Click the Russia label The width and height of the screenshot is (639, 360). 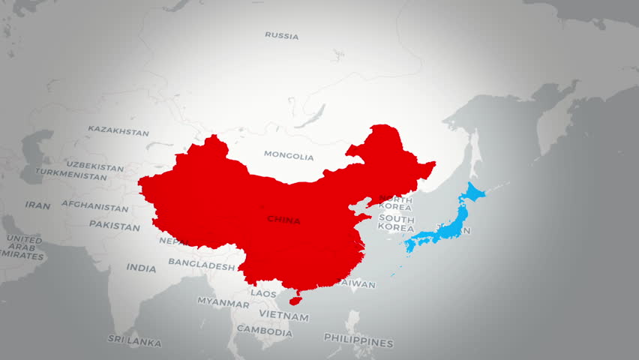pos(281,35)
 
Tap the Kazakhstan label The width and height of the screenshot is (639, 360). pos(118,130)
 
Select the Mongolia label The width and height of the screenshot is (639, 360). pos(289,156)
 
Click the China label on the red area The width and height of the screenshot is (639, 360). pos(283,220)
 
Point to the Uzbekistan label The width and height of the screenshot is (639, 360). pos(94,165)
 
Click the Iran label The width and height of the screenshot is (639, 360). pos(37,205)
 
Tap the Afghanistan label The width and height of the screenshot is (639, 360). pos(94,207)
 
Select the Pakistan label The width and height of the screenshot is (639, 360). pos(114,225)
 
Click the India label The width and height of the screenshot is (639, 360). pos(141,268)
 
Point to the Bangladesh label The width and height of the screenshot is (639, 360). pos(201,264)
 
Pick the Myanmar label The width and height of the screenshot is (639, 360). pos(223,304)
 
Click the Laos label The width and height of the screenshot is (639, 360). pos(263,293)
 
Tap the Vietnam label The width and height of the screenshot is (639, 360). pos(283,316)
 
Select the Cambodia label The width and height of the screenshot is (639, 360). pos(264,331)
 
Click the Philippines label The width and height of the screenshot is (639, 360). pos(358,342)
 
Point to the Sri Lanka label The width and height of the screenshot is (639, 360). pos(133,342)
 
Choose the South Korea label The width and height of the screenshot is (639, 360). pos(396,222)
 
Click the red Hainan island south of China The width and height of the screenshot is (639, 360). pos(295,300)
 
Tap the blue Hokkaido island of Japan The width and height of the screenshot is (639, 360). pos(475,193)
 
